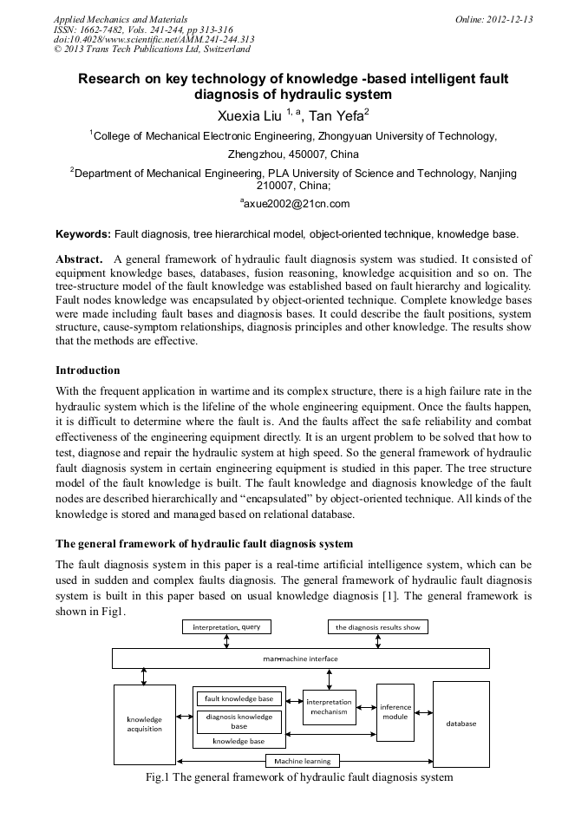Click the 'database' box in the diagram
click(x=461, y=723)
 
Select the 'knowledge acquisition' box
click(x=145, y=724)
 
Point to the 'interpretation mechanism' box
click(x=330, y=706)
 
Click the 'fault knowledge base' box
click(x=238, y=698)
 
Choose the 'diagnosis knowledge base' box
click(x=238, y=721)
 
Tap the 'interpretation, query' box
click(x=226, y=626)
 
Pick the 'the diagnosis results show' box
click(x=377, y=626)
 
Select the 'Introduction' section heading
click(x=88, y=370)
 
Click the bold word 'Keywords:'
click(x=83, y=234)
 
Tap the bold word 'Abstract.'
click(x=81, y=259)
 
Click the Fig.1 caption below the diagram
click(x=299, y=777)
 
